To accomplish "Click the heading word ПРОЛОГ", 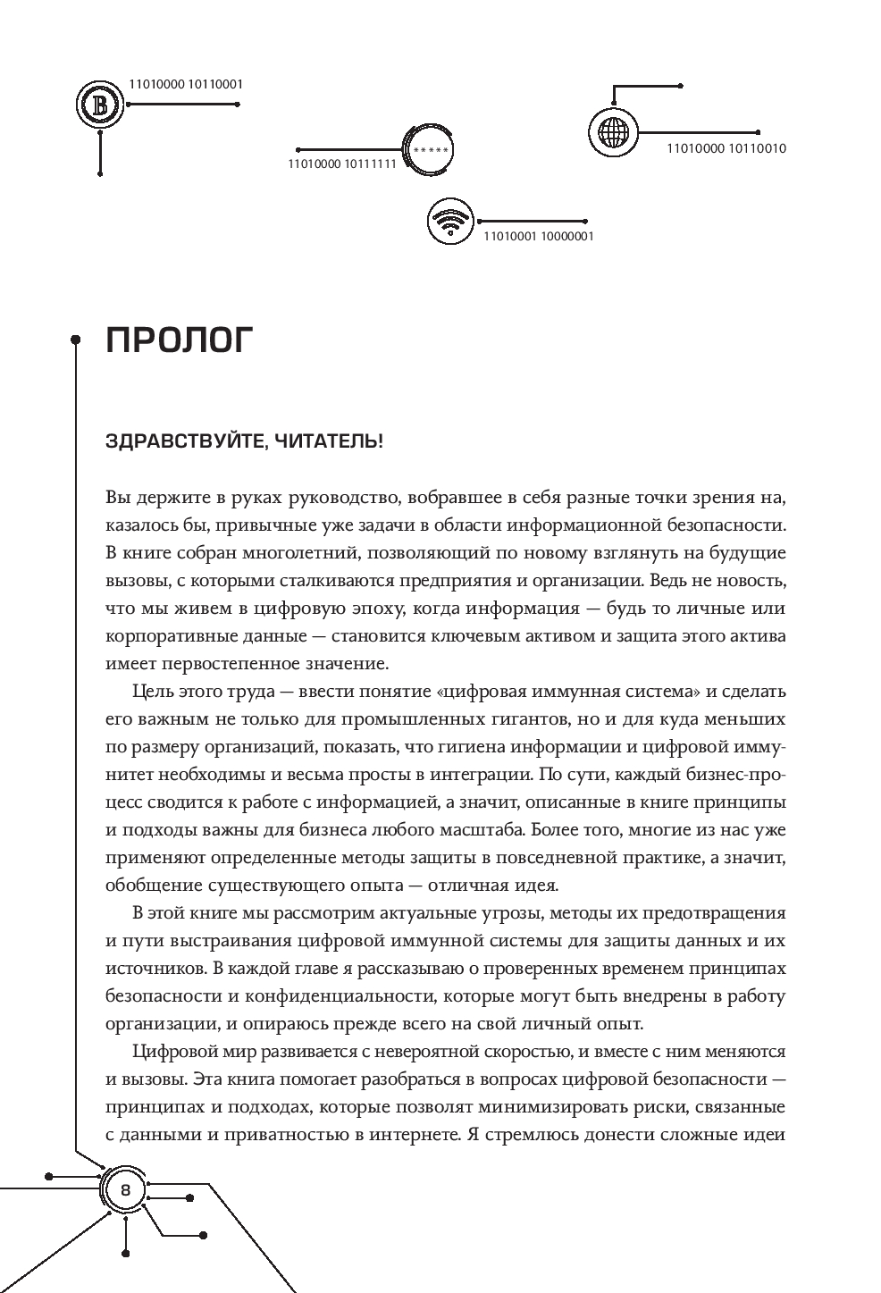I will point(180,340).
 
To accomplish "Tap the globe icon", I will point(613,133).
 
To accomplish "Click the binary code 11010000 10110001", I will point(186,84).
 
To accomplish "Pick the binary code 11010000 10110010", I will point(726,148).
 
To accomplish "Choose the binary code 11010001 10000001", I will point(538,237).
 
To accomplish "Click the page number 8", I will point(125,1190).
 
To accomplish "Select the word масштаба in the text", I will point(484,830).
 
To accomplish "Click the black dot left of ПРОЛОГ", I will point(76,339).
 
